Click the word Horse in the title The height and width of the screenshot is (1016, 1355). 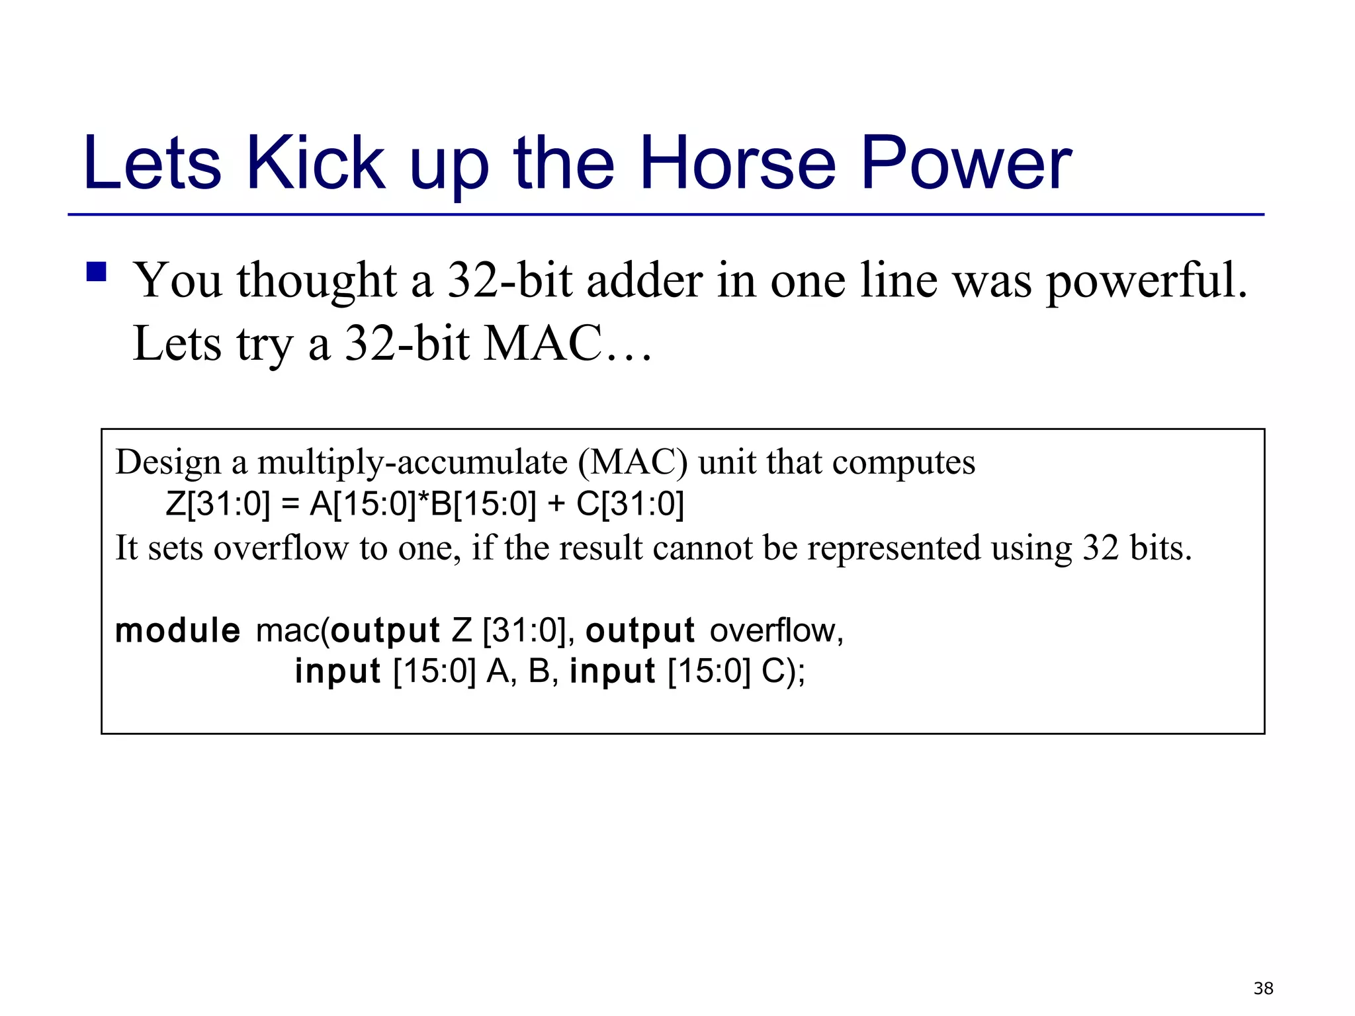click(x=738, y=163)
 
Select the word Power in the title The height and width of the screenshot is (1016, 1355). click(x=965, y=163)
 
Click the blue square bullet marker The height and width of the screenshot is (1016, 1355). click(x=97, y=272)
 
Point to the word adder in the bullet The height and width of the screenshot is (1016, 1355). click(x=644, y=281)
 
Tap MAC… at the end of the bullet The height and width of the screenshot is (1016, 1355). click(x=568, y=343)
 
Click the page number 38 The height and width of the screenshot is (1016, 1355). click(x=1263, y=988)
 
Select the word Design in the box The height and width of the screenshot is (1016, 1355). click(x=168, y=462)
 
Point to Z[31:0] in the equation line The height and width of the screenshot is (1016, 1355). click(x=218, y=504)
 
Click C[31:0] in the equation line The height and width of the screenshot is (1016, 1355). click(x=630, y=504)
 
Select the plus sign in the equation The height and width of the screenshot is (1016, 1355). click(x=556, y=505)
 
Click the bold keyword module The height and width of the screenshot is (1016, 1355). click(x=177, y=630)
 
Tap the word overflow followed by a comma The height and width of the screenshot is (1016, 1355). click(x=776, y=630)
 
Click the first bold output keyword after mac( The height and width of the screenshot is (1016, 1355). click(x=385, y=630)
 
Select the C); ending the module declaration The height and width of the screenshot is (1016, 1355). click(x=783, y=671)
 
